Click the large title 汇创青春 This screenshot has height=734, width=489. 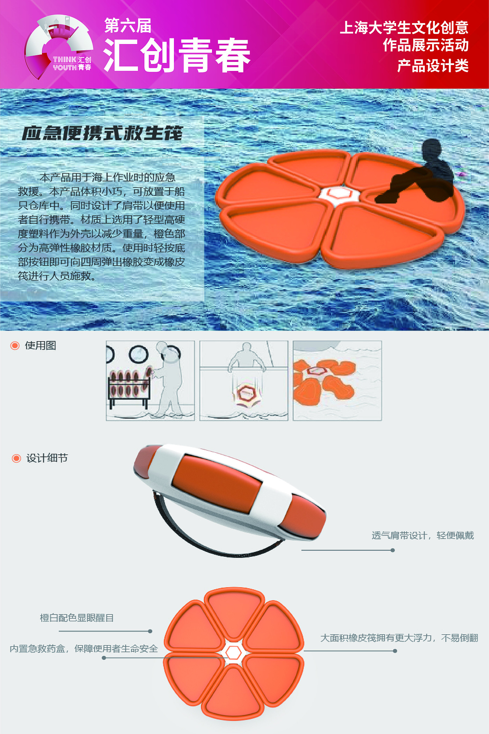(177, 55)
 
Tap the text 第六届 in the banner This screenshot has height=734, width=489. (128, 26)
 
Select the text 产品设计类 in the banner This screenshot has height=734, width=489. (433, 65)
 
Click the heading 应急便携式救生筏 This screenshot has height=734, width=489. (102, 133)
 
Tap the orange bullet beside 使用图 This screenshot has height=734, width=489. (15, 346)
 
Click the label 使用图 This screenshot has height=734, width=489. (41, 345)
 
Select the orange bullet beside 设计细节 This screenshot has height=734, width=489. (16, 458)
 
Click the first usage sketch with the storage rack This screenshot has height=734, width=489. (150, 381)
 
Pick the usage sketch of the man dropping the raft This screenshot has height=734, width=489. (244, 381)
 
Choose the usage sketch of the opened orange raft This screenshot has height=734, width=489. (337, 381)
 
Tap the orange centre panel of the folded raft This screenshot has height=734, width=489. (217, 484)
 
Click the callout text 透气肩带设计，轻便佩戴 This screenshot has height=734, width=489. (423, 535)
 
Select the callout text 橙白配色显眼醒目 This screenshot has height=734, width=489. (77, 618)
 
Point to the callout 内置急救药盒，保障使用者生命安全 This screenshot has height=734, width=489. (84, 649)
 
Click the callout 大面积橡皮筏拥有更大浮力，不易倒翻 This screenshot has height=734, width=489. (399, 638)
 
